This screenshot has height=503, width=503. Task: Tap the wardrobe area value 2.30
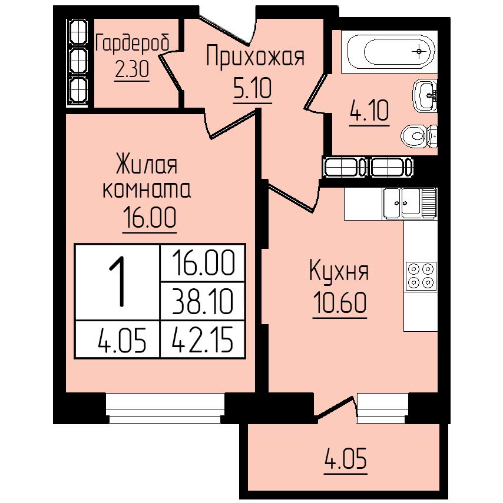tap(132, 69)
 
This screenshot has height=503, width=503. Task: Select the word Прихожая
tap(254, 57)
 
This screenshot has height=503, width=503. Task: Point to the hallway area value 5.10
tap(253, 89)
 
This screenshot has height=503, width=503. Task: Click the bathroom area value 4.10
tap(369, 111)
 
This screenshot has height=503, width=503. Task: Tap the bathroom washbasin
tap(425, 95)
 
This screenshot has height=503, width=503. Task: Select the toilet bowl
tap(419, 136)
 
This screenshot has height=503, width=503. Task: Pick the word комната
tap(147, 189)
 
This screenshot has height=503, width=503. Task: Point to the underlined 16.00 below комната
tap(150, 218)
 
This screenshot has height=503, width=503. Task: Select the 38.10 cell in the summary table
tap(203, 301)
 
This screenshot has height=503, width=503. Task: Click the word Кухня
tap(339, 271)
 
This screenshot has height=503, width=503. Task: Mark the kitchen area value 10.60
tap(340, 302)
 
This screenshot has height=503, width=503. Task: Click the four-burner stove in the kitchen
tap(421, 275)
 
